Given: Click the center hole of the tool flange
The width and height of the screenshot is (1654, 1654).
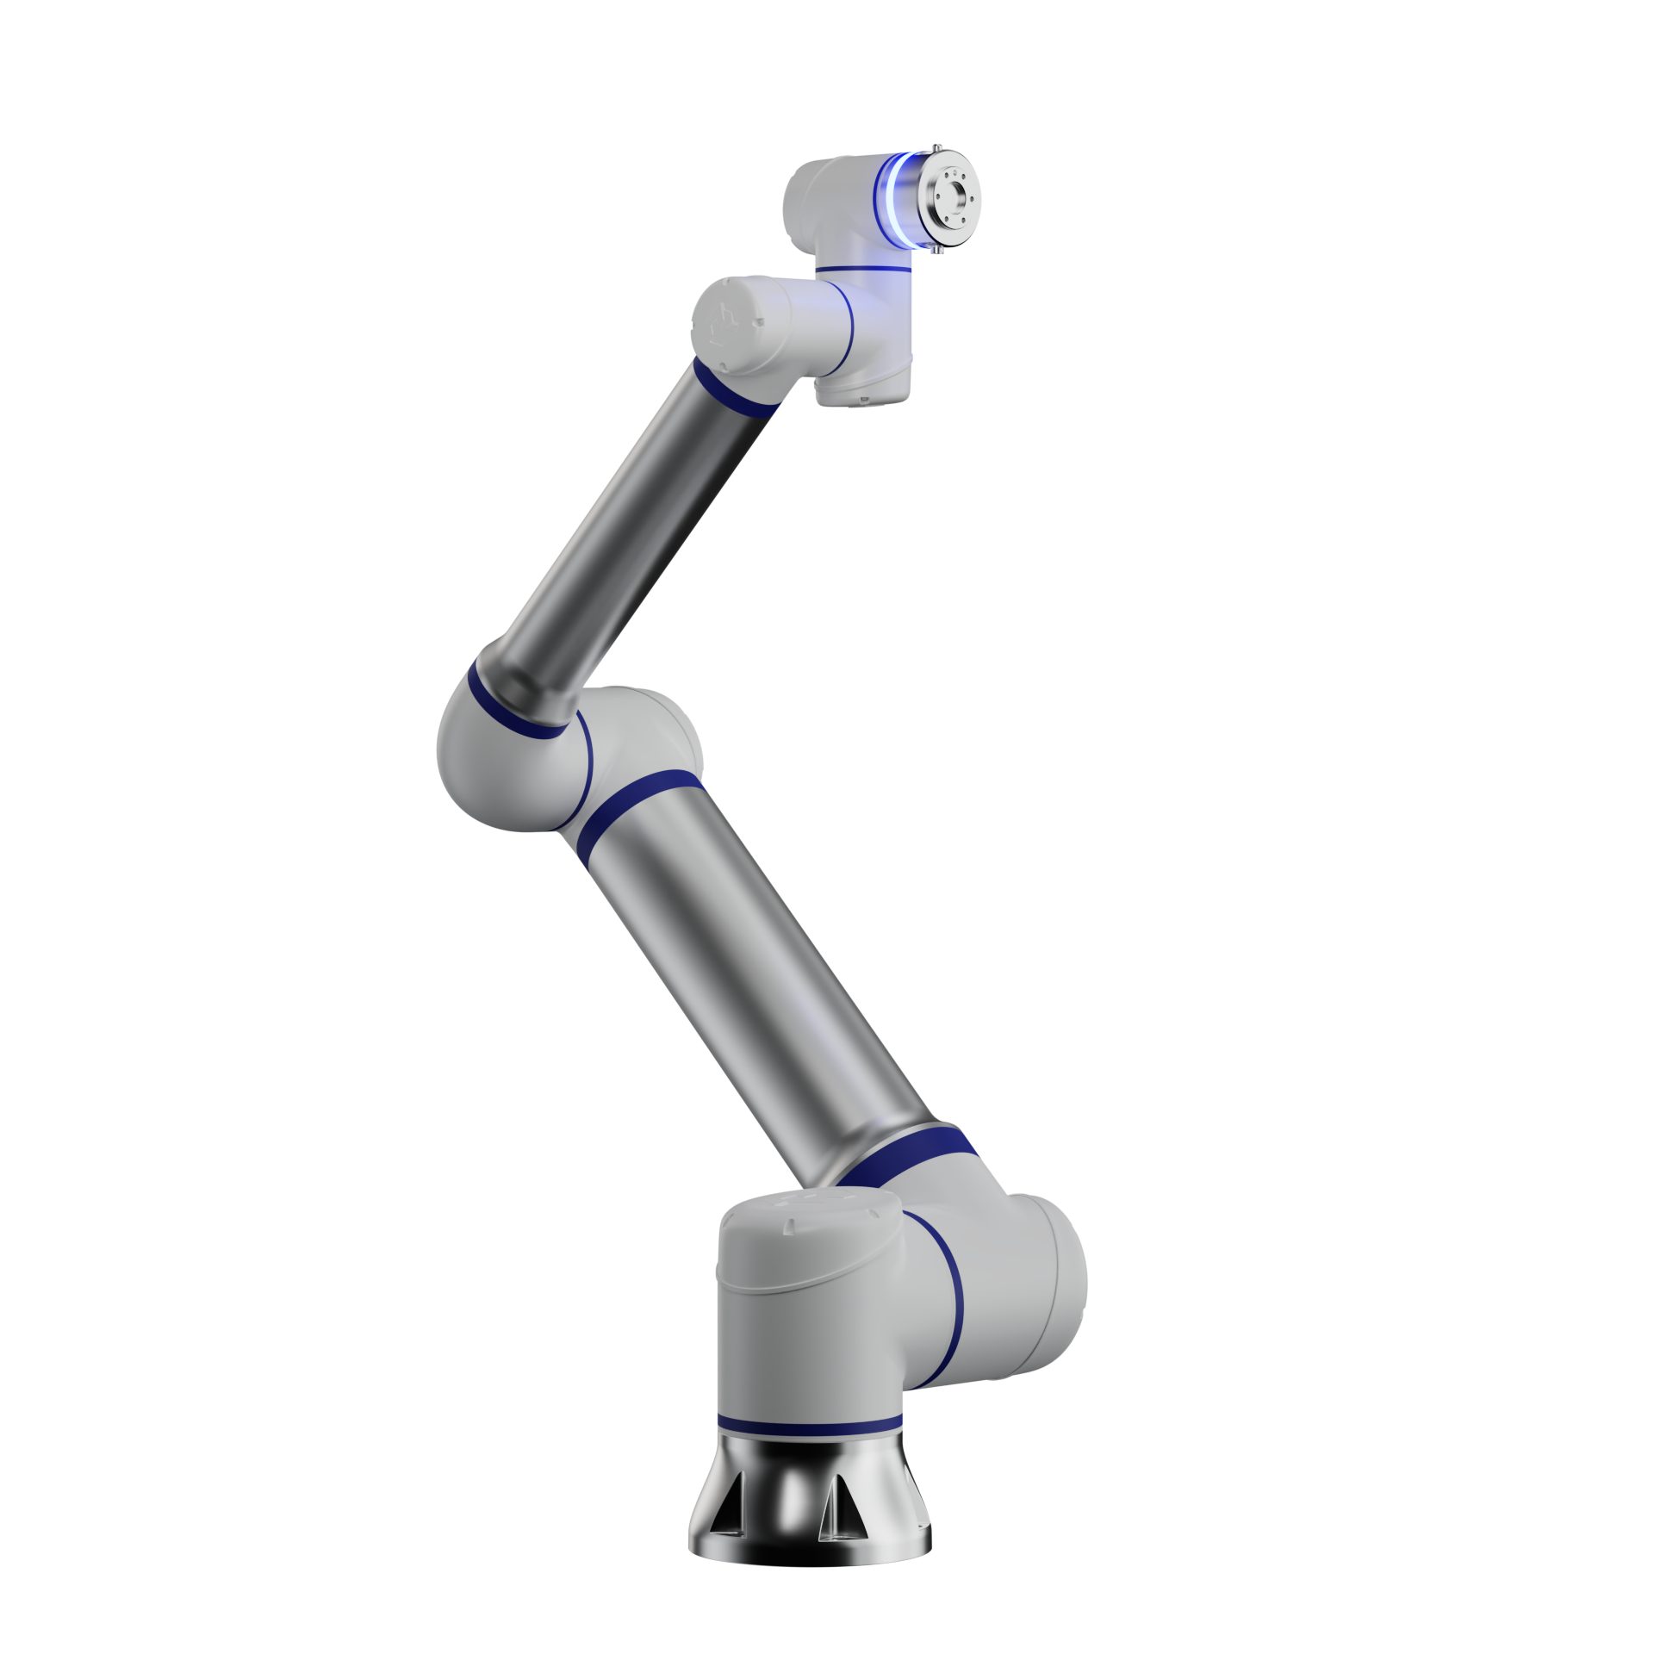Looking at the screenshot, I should click(x=954, y=197).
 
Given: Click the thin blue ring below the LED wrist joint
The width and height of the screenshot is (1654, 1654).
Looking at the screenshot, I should click(x=863, y=270).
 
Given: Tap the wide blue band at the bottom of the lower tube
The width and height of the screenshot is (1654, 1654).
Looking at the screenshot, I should click(x=905, y=1154).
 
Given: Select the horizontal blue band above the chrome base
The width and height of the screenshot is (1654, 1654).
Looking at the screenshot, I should click(x=809, y=1424).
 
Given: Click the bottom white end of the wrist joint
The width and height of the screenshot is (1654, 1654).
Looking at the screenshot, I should click(x=861, y=392).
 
